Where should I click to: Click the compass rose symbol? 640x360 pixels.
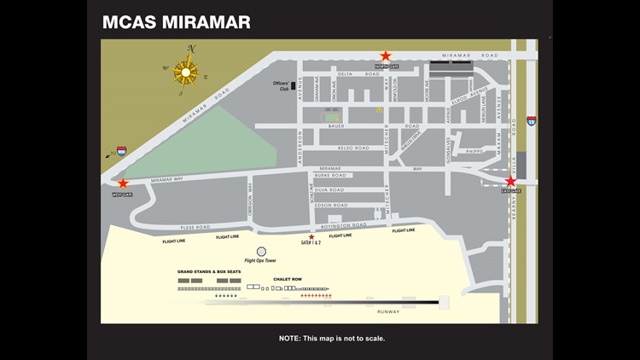click(186, 73)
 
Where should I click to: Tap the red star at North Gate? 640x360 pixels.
click(386, 56)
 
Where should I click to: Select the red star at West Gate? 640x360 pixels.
click(123, 183)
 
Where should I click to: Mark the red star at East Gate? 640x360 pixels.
click(510, 182)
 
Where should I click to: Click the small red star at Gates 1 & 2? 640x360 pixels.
click(311, 237)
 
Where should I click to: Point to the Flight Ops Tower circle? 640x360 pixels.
click(261, 252)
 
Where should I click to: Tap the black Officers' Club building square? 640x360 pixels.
click(294, 85)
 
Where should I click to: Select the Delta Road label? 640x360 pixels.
click(346, 74)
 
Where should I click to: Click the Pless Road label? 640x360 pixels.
click(195, 227)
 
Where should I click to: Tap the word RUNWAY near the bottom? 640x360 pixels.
click(412, 311)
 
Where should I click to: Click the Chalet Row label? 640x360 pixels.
click(288, 278)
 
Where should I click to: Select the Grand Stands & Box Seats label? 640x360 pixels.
click(209, 271)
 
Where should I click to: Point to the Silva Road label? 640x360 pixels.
click(329, 189)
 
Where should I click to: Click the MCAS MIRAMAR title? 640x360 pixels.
click(177, 22)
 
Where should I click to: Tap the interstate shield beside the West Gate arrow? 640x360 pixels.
click(122, 151)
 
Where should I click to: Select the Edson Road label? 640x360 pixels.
click(331, 205)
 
